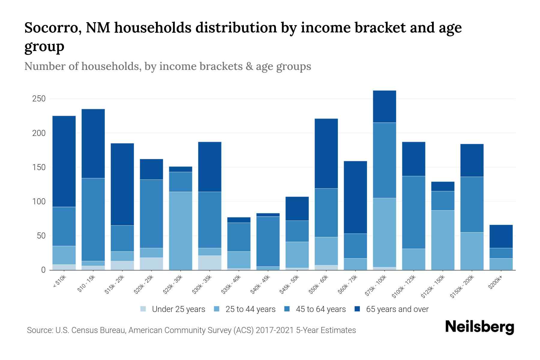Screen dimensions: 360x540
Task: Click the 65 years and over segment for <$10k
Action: (x=64, y=161)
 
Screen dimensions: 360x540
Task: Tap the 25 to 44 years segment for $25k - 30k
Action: (x=181, y=231)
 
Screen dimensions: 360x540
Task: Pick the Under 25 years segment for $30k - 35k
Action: (x=210, y=263)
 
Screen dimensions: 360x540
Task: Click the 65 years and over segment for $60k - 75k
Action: (x=355, y=197)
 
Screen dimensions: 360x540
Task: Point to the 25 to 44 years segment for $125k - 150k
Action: (x=442, y=240)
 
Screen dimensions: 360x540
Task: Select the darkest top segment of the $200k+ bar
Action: (x=501, y=236)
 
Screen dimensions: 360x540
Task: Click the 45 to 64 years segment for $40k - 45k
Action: (x=268, y=241)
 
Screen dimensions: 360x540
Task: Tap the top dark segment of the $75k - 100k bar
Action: (x=384, y=106)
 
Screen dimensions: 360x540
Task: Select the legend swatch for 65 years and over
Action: (x=357, y=309)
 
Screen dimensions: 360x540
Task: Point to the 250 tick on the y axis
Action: (x=39, y=99)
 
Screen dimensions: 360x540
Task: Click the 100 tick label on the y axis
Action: (x=39, y=202)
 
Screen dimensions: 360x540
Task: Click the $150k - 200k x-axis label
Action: (x=462, y=286)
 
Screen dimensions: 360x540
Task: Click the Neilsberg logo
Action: (x=479, y=327)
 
